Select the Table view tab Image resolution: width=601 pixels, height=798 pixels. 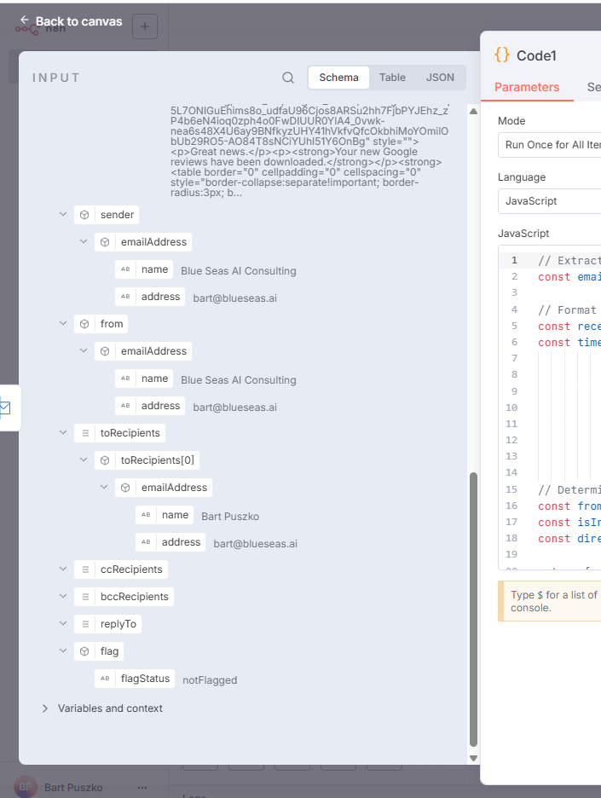[x=392, y=78]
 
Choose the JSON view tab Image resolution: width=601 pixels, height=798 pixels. [x=440, y=78]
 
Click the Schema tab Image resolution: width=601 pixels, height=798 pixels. [x=338, y=78]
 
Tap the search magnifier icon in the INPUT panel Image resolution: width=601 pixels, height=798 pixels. [x=288, y=78]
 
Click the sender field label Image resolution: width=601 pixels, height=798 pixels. [x=118, y=215]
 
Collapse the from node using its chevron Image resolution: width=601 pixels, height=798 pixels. [x=63, y=324]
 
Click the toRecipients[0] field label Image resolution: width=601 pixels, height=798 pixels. [x=157, y=460]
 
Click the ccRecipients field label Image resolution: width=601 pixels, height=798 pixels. [x=131, y=570]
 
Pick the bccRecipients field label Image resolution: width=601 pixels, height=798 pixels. [x=135, y=597]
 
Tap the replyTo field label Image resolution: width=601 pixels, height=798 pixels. [x=118, y=624]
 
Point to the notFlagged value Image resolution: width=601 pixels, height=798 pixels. [x=210, y=679]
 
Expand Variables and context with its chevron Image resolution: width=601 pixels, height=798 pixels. [x=45, y=708]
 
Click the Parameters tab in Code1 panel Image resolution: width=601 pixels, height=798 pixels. [x=527, y=87]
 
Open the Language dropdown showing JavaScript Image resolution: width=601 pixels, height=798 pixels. [x=551, y=201]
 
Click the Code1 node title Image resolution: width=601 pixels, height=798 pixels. [x=536, y=55]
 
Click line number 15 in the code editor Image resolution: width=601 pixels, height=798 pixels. [x=511, y=489]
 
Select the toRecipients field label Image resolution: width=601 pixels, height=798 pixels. [x=130, y=433]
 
